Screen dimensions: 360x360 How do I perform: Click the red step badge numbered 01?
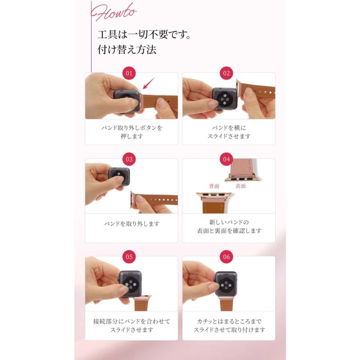tap(129, 73)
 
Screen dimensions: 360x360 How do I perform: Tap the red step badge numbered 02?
tap(226, 73)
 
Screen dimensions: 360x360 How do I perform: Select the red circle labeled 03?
tap(129, 159)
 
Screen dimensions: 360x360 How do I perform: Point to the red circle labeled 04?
tap(226, 159)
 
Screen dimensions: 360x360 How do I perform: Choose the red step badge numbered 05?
tap(129, 257)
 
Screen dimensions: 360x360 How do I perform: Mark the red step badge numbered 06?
tap(226, 257)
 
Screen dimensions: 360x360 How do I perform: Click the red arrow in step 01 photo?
tap(148, 84)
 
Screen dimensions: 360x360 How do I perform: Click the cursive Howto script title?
tap(114, 13)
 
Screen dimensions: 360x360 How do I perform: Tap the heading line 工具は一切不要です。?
tap(144, 34)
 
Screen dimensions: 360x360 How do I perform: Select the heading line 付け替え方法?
tap(127, 50)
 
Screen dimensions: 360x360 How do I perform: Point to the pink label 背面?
tap(214, 186)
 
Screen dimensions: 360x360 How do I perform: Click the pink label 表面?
tap(240, 186)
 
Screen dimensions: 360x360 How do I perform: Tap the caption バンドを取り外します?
tap(131, 224)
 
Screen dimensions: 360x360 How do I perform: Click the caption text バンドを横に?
tap(229, 128)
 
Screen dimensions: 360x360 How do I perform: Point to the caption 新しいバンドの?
tap(229, 222)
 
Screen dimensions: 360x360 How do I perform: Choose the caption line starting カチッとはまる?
tap(229, 321)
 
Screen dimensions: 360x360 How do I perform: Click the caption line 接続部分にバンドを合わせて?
tap(131, 321)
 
